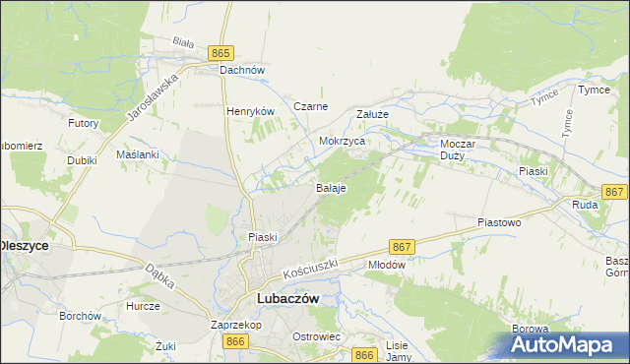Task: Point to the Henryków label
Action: [x=248, y=112]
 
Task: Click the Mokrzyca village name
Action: [x=343, y=142]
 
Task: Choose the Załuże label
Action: [x=373, y=114]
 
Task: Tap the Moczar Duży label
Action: [x=458, y=150]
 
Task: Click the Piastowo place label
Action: [x=498, y=223]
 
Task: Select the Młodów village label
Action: [x=386, y=265]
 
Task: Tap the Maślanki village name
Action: [x=137, y=155]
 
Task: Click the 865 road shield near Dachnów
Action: [x=220, y=52]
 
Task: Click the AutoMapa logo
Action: [x=565, y=345]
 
